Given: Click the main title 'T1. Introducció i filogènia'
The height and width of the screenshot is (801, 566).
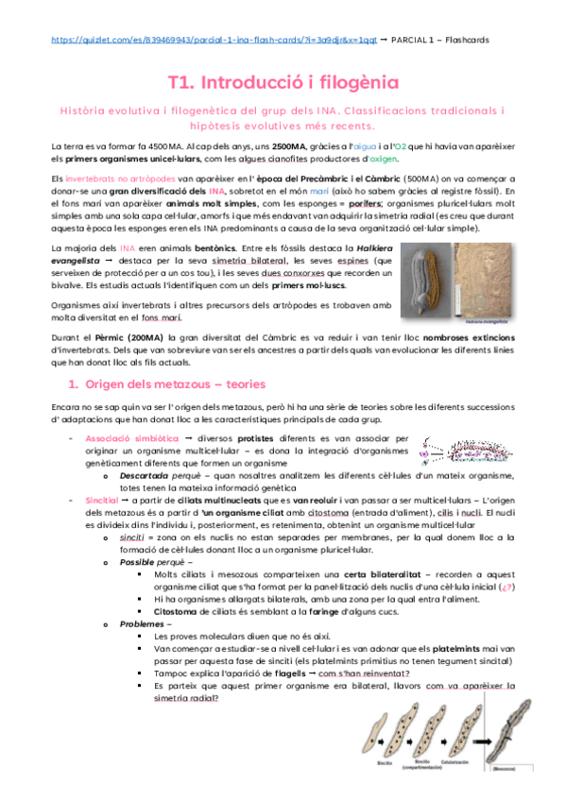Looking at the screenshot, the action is (283, 83).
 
